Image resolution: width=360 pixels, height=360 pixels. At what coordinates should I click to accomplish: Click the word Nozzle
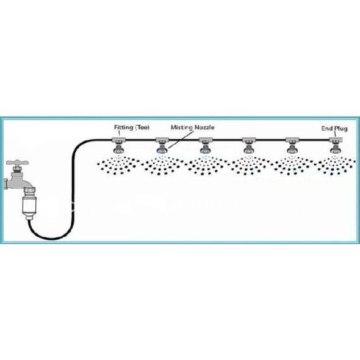pyautogui.click(x=204, y=127)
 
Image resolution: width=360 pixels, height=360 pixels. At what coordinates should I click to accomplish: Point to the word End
pyautogui.click(x=327, y=128)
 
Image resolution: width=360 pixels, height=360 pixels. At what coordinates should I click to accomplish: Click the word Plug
pyautogui.click(x=340, y=129)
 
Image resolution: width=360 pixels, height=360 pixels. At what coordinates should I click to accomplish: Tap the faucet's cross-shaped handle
pyautogui.click(x=18, y=163)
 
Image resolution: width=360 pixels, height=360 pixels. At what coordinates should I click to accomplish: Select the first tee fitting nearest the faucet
pyautogui.click(x=119, y=140)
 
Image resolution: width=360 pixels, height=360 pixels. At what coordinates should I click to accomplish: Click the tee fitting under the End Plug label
pyautogui.click(x=336, y=140)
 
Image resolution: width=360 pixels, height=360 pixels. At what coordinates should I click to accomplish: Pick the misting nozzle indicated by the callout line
pyautogui.click(x=162, y=149)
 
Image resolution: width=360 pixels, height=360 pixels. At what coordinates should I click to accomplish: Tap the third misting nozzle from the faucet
pyautogui.click(x=205, y=149)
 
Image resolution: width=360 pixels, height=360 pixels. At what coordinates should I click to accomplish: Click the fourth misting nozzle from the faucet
pyautogui.click(x=249, y=149)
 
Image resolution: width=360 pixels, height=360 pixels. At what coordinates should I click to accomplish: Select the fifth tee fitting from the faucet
pyautogui.click(x=292, y=140)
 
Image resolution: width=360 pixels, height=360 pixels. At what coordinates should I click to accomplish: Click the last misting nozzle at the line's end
pyautogui.click(x=336, y=149)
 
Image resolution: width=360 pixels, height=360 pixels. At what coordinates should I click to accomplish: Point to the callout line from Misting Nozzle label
pyautogui.click(x=179, y=140)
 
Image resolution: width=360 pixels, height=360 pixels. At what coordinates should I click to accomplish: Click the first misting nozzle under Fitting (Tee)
pyautogui.click(x=119, y=149)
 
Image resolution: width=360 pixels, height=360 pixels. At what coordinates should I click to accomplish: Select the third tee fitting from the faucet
pyautogui.click(x=206, y=140)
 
